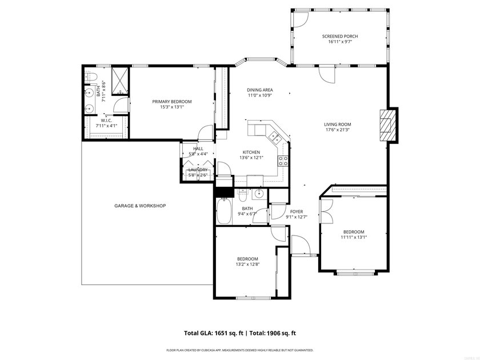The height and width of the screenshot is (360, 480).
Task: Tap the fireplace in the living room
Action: coord(388,124)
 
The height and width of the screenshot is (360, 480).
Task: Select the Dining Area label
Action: coord(259,90)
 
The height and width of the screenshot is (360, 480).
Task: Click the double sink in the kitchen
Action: coord(274,137)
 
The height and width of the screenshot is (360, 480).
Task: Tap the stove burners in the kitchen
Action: coord(282,161)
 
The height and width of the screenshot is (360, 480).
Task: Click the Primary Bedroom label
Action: coord(171,102)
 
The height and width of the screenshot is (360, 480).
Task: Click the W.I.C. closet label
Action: coord(106,121)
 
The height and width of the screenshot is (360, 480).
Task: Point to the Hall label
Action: coord(198,149)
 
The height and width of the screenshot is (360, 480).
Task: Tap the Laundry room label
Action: coord(198,170)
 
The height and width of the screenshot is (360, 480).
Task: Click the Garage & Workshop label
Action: coord(140,206)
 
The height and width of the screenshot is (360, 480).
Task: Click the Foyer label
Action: coord(296,211)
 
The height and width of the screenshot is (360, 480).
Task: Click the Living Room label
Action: coord(337,124)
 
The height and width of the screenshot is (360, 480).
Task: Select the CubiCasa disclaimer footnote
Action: coord(239,350)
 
